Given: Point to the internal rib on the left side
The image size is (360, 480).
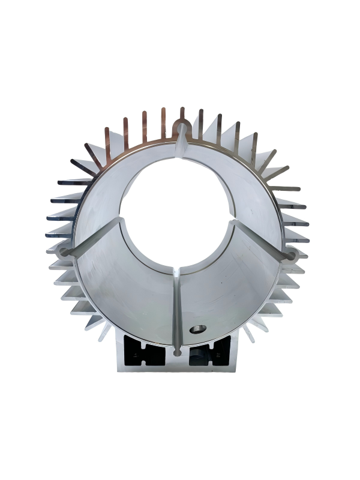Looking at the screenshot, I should click(x=96, y=236).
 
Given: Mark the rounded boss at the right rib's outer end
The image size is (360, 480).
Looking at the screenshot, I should click(x=293, y=256).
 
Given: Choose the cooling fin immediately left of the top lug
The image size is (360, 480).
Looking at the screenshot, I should click(x=163, y=123).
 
